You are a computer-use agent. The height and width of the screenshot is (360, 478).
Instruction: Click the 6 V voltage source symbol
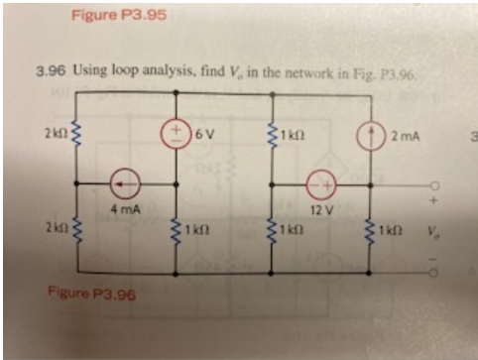point(176,132)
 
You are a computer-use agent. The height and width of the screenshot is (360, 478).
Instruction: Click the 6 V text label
point(203,133)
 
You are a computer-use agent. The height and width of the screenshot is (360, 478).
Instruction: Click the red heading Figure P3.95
point(109,15)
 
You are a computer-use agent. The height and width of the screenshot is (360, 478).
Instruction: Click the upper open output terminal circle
point(432,184)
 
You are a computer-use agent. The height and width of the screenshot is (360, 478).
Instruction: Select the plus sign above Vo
point(432,200)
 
